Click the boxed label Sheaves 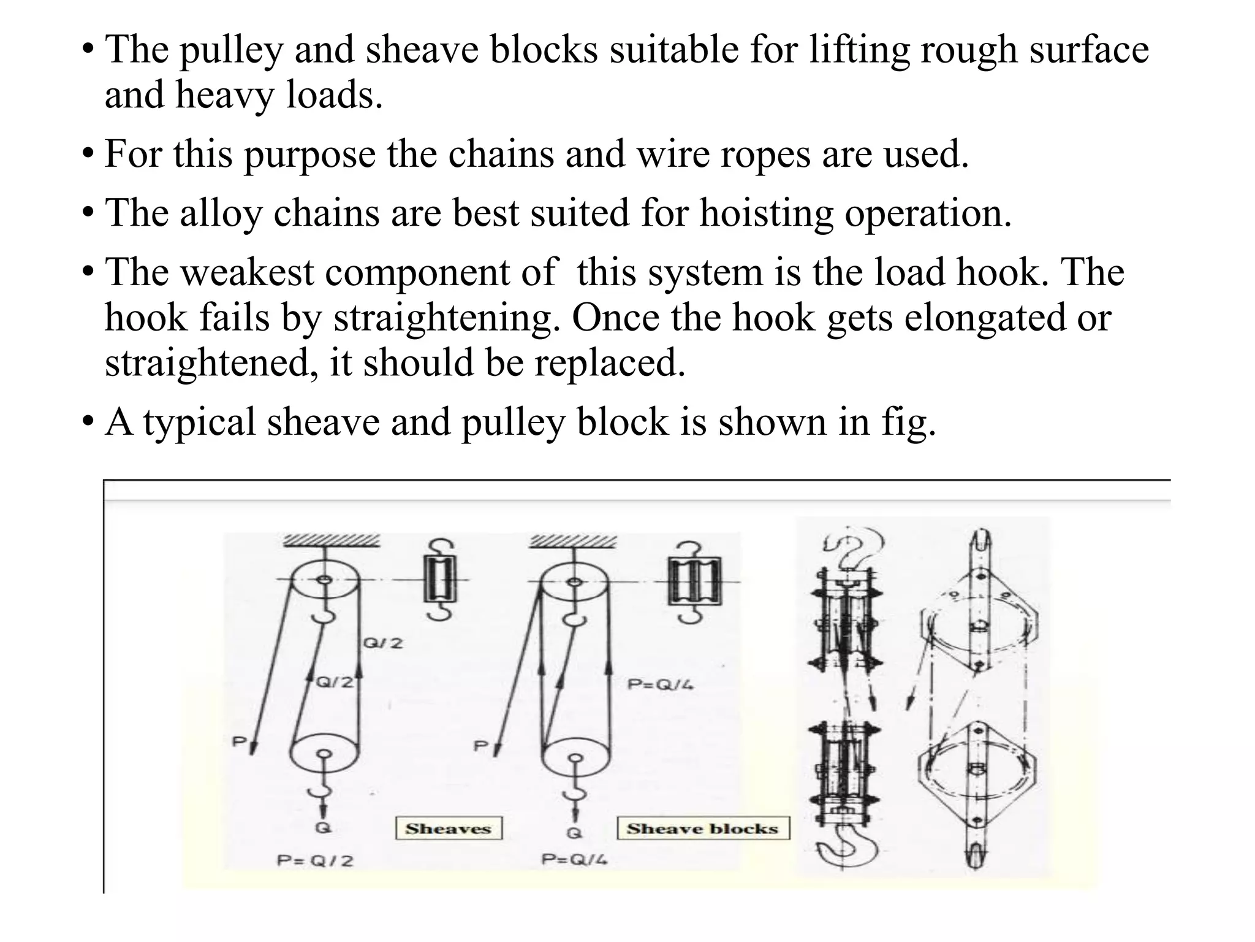point(448,828)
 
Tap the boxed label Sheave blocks point(702,828)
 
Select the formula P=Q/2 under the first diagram point(315,860)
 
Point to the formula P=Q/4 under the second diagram point(574,859)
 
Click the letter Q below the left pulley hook point(323,827)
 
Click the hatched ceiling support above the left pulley point(331,541)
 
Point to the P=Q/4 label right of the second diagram point(661,684)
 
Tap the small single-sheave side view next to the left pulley point(441,580)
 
